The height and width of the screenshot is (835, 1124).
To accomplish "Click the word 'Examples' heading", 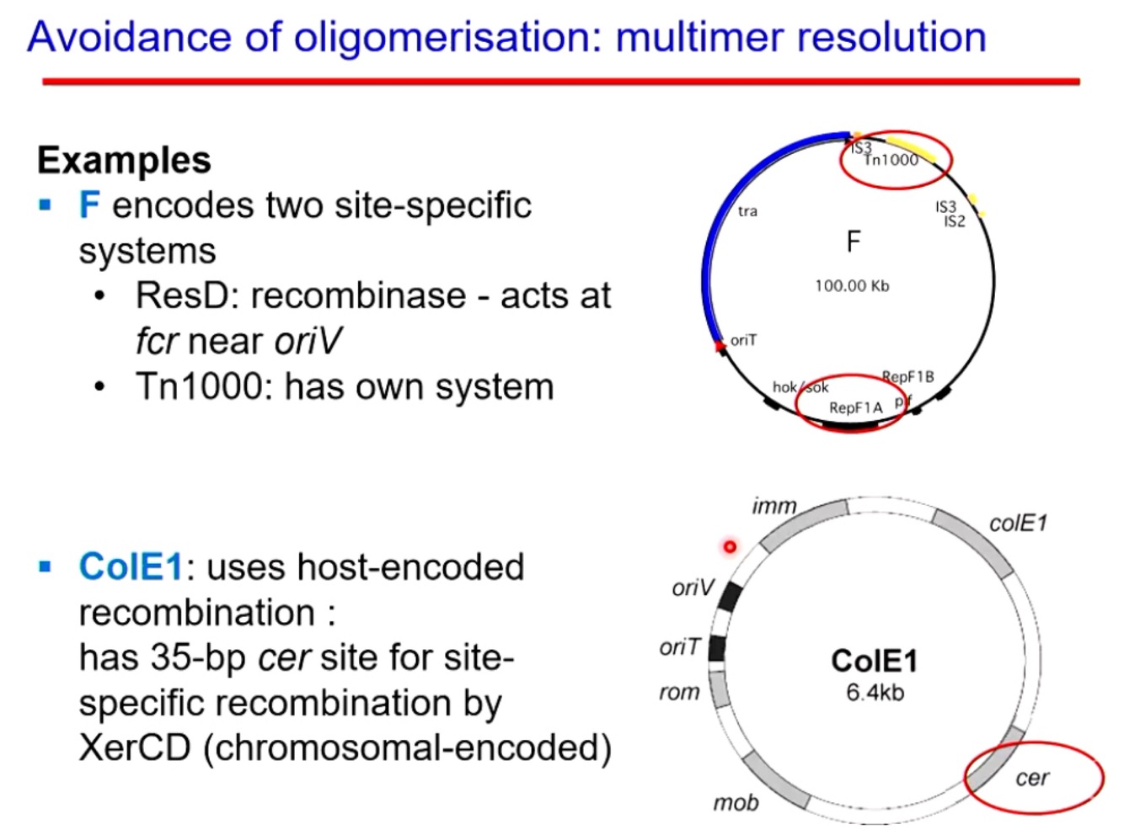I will [124, 160].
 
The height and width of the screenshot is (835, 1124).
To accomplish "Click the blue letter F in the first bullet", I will [88, 205].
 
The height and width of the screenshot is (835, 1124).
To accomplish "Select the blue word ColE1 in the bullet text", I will [131, 567].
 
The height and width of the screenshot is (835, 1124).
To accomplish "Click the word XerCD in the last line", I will [134, 747].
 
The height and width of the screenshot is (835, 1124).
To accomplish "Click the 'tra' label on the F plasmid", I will [747, 211].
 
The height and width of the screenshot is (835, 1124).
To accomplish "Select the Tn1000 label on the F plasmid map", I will [891, 160].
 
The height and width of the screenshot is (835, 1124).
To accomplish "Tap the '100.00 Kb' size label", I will [852, 286].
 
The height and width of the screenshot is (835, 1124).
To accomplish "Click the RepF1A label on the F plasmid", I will [855, 408].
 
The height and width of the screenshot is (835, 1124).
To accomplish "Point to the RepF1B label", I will [907, 376].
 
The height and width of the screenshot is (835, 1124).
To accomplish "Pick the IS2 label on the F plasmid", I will [955, 222].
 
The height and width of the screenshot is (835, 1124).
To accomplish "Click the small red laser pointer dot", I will [730, 547].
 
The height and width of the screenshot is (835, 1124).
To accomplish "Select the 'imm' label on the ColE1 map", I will [773, 506].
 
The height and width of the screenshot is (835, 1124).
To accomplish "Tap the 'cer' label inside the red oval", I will [1032, 778].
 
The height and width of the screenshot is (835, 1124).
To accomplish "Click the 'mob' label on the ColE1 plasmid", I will [736, 803].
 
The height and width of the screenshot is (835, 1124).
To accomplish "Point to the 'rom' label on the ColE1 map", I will [679, 692].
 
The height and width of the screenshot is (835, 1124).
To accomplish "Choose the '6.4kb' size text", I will [875, 693].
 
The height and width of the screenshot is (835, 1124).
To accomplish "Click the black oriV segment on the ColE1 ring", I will [730, 595].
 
